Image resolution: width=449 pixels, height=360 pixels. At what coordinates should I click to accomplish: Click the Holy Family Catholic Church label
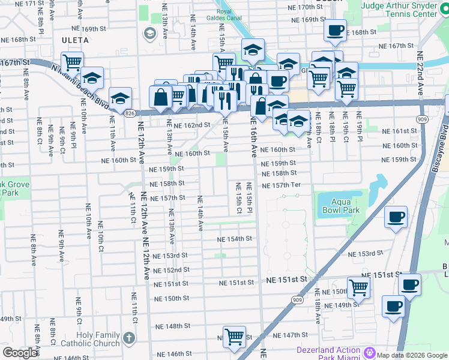point(98,340)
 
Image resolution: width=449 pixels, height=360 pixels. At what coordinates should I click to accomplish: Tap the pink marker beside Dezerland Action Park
point(370,350)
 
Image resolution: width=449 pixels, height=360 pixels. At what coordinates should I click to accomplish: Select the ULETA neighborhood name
point(75,40)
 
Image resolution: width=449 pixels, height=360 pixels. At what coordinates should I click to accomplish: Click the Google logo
point(20,353)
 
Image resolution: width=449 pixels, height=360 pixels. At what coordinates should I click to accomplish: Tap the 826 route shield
point(130,112)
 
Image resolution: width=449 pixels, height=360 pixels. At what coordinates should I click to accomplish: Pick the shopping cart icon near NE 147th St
point(234,335)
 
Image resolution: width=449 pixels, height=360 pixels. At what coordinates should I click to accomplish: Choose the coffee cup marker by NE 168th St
point(334,29)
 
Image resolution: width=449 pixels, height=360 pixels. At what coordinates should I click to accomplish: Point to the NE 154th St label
point(235,239)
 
